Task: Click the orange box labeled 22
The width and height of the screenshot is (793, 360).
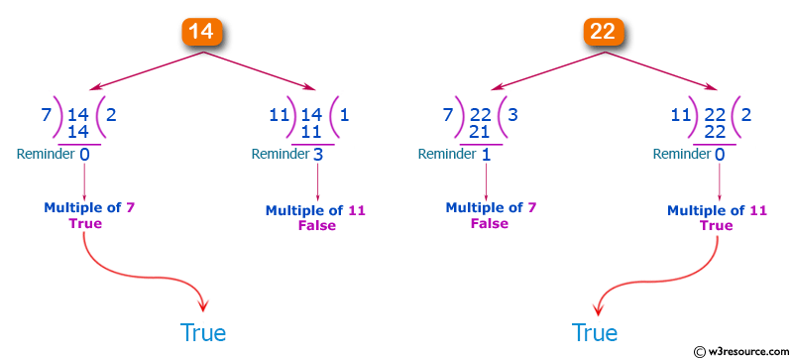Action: pyautogui.click(x=602, y=31)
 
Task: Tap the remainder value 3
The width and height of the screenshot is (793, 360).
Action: pyautogui.click(x=318, y=154)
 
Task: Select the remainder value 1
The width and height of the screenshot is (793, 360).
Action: pyautogui.click(x=485, y=154)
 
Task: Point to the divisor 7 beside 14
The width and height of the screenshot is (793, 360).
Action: pyautogui.click(x=47, y=115)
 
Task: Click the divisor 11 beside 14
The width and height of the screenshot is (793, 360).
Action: pyautogui.click(x=281, y=115)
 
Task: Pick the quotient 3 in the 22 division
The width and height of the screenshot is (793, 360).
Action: pyautogui.click(x=513, y=115)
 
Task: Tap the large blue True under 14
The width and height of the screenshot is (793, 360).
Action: pyautogui.click(x=202, y=332)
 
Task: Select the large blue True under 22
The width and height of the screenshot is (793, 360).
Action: pyautogui.click(x=595, y=332)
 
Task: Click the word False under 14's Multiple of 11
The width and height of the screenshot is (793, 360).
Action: pyautogui.click(x=317, y=225)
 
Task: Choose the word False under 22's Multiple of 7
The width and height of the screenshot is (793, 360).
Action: pyautogui.click(x=490, y=223)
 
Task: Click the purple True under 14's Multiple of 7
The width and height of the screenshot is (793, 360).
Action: pyautogui.click(x=85, y=223)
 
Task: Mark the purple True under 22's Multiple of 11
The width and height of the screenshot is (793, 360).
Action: pyautogui.click(x=716, y=225)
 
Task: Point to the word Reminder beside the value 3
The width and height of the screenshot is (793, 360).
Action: pyautogui.click(x=279, y=154)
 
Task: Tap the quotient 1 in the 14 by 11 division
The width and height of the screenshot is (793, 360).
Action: pyautogui.click(x=343, y=115)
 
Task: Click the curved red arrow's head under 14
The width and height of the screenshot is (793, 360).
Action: pyautogui.click(x=201, y=303)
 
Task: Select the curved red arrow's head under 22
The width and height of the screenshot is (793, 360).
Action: pyautogui.click(x=598, y=303)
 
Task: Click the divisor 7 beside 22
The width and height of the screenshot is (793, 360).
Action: pyautogui.click(x=447, y=115)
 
